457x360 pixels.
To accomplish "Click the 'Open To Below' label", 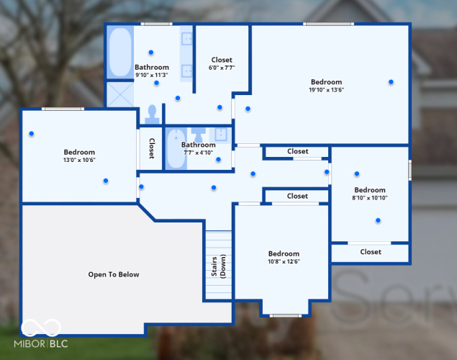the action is pos(114,274).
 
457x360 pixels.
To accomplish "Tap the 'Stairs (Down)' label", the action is pos(218,266).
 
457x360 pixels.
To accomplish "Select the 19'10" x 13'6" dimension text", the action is pos(327,90).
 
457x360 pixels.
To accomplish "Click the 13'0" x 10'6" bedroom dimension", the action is pos(79,160).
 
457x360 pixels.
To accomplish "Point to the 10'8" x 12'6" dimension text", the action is pos(284,261).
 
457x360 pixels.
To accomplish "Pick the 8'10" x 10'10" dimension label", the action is pos(370,198).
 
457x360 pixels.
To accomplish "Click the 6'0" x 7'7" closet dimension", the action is pos(222,68).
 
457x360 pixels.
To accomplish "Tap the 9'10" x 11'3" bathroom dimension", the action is pos(152,75).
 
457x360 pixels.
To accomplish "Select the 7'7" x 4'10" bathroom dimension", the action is pos(198,153).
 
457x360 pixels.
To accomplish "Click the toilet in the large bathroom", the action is pos(152,114).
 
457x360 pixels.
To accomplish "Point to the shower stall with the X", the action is pos(120,94).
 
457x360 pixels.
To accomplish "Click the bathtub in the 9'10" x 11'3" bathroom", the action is pos(120,52).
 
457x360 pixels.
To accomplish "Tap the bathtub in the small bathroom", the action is pos(176,148).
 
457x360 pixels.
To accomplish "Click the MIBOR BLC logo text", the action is pos(41,344).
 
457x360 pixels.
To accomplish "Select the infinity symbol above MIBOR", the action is pos(41,328).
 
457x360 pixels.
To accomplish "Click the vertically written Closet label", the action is pos(152,148).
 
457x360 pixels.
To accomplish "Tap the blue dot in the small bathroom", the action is pos(218,159).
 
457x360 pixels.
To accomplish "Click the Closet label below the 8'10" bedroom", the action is pos(371,252).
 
